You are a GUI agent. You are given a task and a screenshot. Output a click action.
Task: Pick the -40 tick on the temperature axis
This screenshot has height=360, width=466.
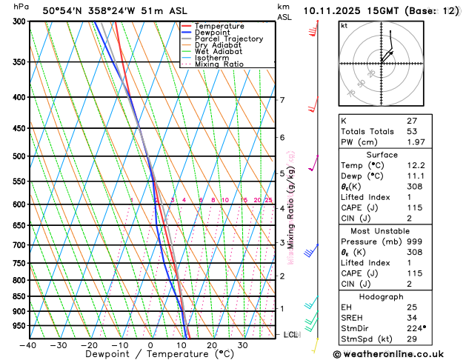pos(28,345)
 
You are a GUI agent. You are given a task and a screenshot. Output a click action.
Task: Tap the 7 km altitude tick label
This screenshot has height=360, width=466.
pos(282,100)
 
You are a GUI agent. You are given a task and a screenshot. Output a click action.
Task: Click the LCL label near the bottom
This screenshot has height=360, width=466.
pos(290,335)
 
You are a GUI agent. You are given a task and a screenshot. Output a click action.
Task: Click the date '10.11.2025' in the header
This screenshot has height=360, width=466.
pos(334,10)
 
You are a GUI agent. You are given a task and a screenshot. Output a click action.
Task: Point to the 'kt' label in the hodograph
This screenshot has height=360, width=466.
pos(344,26)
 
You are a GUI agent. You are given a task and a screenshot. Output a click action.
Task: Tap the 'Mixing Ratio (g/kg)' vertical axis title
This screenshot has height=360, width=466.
pos(291,200)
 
